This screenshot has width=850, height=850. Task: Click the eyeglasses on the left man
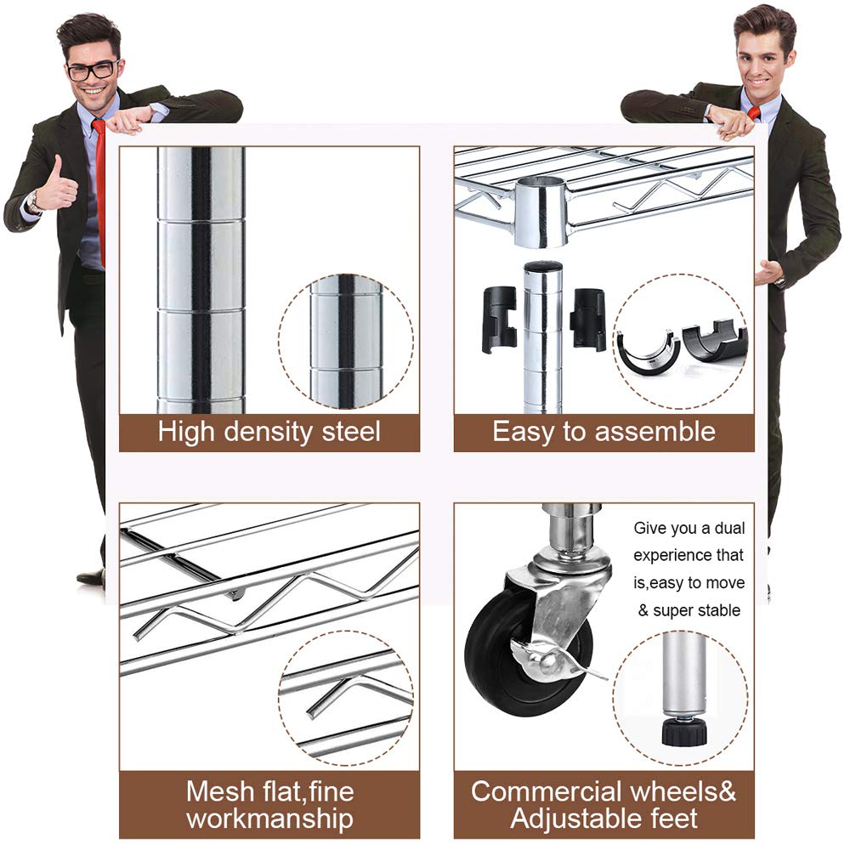point(93,71)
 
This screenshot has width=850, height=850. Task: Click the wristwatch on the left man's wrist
point(34,202)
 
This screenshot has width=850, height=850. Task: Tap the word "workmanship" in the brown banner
point(270,819)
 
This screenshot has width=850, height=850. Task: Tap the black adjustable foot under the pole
point(683,733)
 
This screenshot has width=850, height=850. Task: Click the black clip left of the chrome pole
point(498,319)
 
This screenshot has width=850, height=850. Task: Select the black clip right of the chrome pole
point(588,319)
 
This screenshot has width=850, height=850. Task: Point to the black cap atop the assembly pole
point(542,267)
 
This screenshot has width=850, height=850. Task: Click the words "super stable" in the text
point(697,610)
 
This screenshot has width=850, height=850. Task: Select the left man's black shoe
point(92,578)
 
